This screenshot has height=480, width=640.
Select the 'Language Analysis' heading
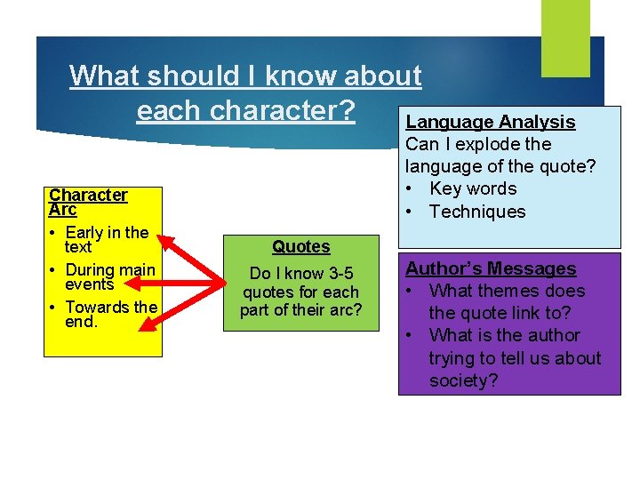pyautogui.click(x=490, y=122)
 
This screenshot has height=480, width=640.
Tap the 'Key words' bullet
pyautogui.click(x=472, y=188)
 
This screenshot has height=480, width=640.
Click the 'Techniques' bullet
pyautogui.click(x=476, y=212)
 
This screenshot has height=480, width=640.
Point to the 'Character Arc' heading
pyautogui.click(x=88, y=202)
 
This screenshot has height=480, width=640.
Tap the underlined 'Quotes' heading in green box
pyautogui.click(x=300, y=247)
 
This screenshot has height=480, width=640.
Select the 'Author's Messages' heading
pyautogui.click(x=491, y=268)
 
